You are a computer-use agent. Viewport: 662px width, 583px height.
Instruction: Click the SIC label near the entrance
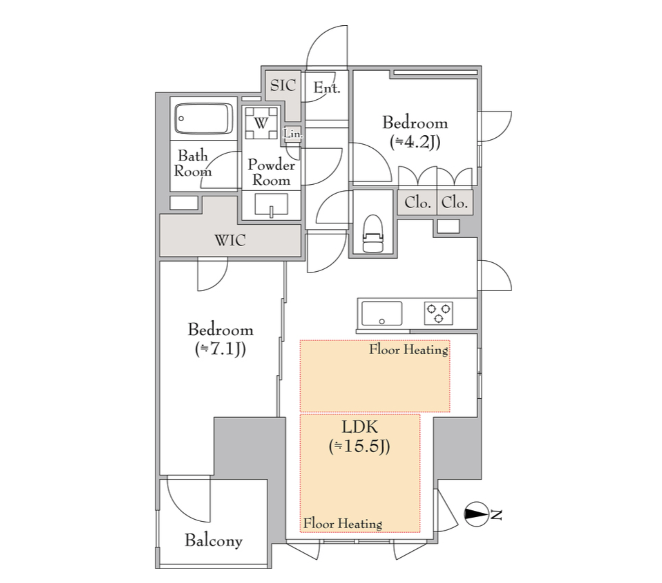[283, 85]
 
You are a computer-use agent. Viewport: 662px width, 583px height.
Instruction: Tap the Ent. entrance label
[327, 87]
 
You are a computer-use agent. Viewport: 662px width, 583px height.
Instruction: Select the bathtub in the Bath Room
[204, 119]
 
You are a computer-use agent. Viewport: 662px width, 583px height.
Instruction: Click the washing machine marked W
[261, 123]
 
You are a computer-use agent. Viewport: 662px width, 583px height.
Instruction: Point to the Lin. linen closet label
[292, 134]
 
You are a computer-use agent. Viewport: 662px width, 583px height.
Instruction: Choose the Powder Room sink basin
[271, 204]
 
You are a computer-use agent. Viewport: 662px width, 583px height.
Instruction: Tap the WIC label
[230, 241]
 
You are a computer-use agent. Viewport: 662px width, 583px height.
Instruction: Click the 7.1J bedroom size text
[220, 349]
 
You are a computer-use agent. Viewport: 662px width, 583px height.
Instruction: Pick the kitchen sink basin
[382, 313]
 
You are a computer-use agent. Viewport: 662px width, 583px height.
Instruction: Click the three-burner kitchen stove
[439, 313]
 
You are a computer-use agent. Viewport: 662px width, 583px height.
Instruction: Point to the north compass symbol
[477, 514]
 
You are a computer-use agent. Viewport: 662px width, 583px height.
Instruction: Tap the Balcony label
[214, 541]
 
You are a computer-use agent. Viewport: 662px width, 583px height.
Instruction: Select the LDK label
[360, 427]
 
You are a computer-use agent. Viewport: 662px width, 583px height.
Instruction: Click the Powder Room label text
[271, 172]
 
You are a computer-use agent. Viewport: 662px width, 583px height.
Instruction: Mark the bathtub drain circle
[181, 119]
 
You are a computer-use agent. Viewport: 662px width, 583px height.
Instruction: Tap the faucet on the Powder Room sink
[271, 212]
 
